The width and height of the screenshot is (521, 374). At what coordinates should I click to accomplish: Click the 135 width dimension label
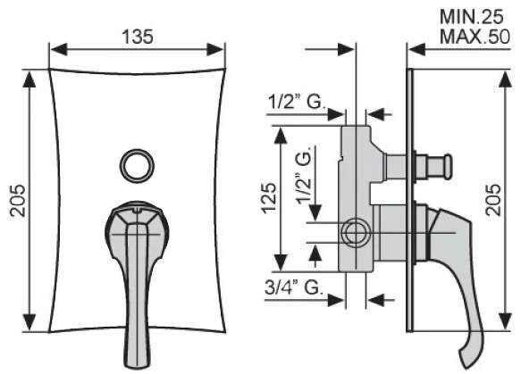click(138, 37)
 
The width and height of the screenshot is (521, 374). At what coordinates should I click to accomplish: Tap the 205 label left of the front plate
click(18, 201)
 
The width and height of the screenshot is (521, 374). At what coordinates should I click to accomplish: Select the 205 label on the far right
click(493, 200)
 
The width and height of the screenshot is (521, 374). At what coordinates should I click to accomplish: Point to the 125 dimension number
click(269, 198)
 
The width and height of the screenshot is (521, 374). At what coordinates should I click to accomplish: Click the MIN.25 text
click(472, 17)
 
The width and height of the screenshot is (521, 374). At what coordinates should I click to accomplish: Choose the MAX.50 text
click(475, 37)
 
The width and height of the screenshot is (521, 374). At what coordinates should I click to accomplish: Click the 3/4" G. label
click(294, 287)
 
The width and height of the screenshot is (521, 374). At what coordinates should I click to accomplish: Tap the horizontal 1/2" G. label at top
click(296, 102)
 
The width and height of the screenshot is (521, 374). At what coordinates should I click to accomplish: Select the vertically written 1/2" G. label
click(303, 175)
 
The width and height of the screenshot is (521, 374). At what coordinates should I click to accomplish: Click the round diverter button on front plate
click(137, 166)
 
